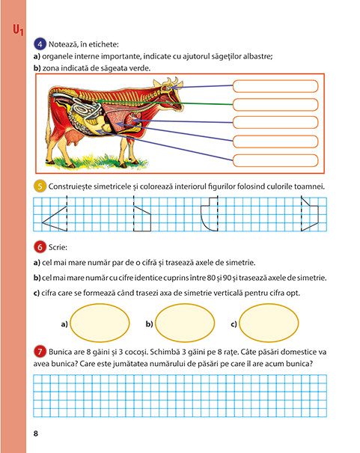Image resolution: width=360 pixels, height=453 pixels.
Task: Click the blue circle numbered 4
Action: pos(40,44)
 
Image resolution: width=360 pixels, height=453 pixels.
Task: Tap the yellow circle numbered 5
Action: pos(40,186)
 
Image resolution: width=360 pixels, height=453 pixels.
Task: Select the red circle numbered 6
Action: pos(40,247)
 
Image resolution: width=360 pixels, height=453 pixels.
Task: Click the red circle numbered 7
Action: pos(40,352)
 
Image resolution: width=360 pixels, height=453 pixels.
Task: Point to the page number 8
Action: pos(36,434)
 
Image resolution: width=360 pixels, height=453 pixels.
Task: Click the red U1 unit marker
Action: pos(18,30)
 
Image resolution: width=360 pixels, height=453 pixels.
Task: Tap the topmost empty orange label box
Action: pos(275,86)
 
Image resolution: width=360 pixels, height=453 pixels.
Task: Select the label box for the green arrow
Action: pos(275,105)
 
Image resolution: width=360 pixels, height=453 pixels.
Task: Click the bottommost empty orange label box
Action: pos(275,161)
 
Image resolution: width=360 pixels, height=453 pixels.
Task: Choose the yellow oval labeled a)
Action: pos(100,323)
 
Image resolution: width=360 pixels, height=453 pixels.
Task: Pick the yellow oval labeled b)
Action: pos(185,323)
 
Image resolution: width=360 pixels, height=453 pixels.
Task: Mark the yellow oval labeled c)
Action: pos(269,323)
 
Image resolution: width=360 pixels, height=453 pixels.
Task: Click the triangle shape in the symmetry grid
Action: pos(55,219)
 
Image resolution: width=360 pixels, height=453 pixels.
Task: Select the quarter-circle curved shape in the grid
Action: pos(209,214)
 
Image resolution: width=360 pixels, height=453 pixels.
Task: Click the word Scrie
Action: pos(58,247)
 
